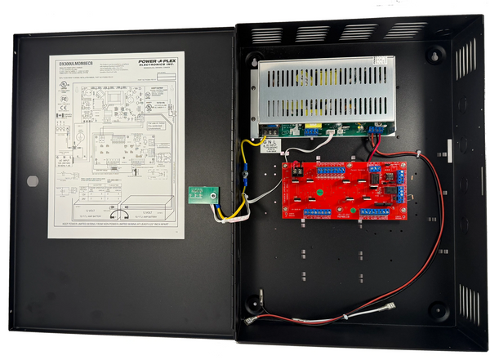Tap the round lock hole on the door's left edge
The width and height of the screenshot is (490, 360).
click(32, 181)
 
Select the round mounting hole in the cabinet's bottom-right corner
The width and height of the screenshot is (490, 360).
click(438, 311)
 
